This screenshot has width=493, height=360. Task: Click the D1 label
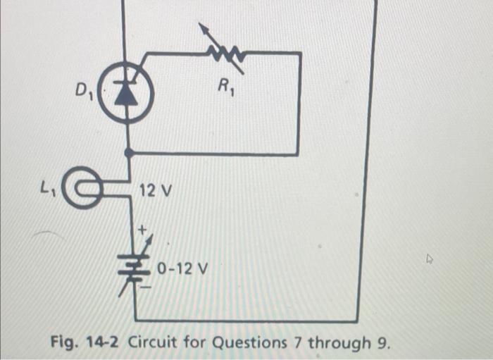[84, 90]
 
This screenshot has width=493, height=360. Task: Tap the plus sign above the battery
[141, 229]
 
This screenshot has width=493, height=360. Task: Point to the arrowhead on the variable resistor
[202, 28]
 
